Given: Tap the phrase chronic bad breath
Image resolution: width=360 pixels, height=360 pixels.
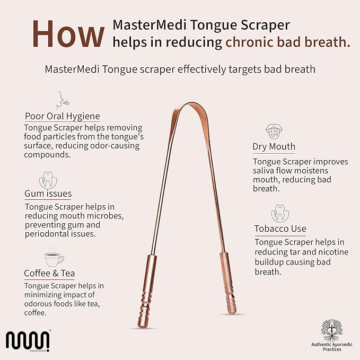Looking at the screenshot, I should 288,42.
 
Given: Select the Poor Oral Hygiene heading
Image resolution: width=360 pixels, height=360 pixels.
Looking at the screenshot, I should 62,116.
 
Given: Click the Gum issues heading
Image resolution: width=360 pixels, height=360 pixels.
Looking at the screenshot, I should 48,194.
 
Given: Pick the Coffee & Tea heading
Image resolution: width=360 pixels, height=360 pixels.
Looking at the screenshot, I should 49,273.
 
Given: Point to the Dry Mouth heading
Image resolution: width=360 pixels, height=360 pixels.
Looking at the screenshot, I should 274,146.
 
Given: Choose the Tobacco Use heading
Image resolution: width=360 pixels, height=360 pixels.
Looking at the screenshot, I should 279,229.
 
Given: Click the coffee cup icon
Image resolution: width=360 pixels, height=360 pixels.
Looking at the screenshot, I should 52,257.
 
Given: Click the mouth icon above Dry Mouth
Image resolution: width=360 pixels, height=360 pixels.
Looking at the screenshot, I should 273,131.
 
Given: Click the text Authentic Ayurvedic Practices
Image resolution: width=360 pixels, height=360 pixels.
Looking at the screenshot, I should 331,347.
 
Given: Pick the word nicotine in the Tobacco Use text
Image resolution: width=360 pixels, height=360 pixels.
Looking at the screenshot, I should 332,252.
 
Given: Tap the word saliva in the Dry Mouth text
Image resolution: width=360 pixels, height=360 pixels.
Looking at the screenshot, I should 267,171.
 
